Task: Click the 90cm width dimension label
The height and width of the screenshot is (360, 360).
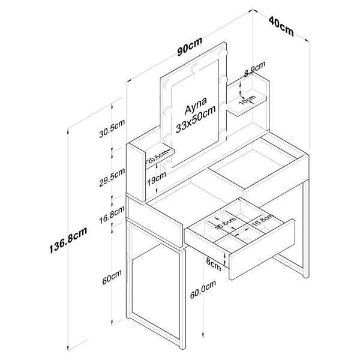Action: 190,46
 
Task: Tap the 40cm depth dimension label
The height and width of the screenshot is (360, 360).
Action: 281,26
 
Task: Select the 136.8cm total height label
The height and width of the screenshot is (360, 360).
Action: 68,239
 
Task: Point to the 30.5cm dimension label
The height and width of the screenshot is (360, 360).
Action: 112,128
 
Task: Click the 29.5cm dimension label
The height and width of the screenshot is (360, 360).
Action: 112,177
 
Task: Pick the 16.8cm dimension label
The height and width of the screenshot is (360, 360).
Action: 112,215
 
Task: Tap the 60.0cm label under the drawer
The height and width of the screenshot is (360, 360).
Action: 203,289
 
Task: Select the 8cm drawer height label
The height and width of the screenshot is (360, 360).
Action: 213,264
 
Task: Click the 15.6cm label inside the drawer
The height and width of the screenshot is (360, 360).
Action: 226,223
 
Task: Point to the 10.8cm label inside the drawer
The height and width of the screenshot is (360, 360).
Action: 263,220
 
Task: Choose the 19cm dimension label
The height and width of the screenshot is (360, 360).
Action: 157,179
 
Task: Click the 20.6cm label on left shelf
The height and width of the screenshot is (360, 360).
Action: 158,156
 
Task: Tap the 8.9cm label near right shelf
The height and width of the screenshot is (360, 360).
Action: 254,69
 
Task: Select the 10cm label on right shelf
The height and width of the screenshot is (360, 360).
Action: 247,100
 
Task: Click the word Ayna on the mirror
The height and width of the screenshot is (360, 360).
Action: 196,106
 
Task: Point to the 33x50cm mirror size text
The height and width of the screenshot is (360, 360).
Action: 196,119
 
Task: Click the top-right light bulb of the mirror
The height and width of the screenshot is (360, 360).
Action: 222,52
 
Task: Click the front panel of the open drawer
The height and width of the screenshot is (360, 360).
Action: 262,249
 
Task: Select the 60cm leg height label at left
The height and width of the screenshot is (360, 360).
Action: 112,277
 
